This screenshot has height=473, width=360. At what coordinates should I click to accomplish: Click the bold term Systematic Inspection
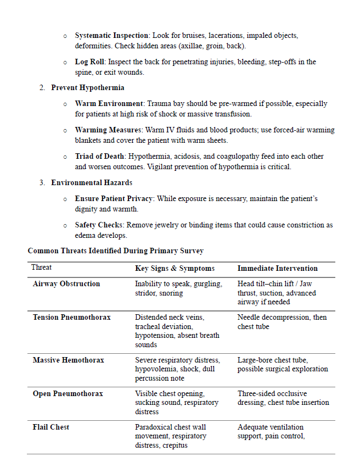111,36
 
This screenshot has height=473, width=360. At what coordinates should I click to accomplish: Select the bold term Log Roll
90,62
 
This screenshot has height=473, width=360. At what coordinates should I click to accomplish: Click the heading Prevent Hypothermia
88,88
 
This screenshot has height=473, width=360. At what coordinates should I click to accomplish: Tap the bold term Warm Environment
109,103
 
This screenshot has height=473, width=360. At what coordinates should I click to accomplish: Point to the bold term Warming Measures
109,130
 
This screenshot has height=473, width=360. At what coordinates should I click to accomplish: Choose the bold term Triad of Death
100,157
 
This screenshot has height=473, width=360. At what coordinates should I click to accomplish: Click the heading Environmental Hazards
92,182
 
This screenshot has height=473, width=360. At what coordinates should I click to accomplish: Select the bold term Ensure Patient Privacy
114,198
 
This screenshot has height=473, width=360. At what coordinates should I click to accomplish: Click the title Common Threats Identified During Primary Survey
116,251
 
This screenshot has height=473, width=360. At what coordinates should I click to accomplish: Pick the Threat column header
42,268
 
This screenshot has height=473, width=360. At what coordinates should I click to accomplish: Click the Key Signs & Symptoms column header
175,269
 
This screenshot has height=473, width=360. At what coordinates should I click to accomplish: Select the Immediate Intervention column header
277,269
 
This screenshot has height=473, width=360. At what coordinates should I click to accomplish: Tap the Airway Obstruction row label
66,284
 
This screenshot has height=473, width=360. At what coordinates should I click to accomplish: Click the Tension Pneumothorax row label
71,318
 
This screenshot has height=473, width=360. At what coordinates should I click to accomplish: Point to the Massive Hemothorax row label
68,360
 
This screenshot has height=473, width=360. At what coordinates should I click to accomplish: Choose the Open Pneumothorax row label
67,394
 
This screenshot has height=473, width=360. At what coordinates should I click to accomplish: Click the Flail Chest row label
51,427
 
